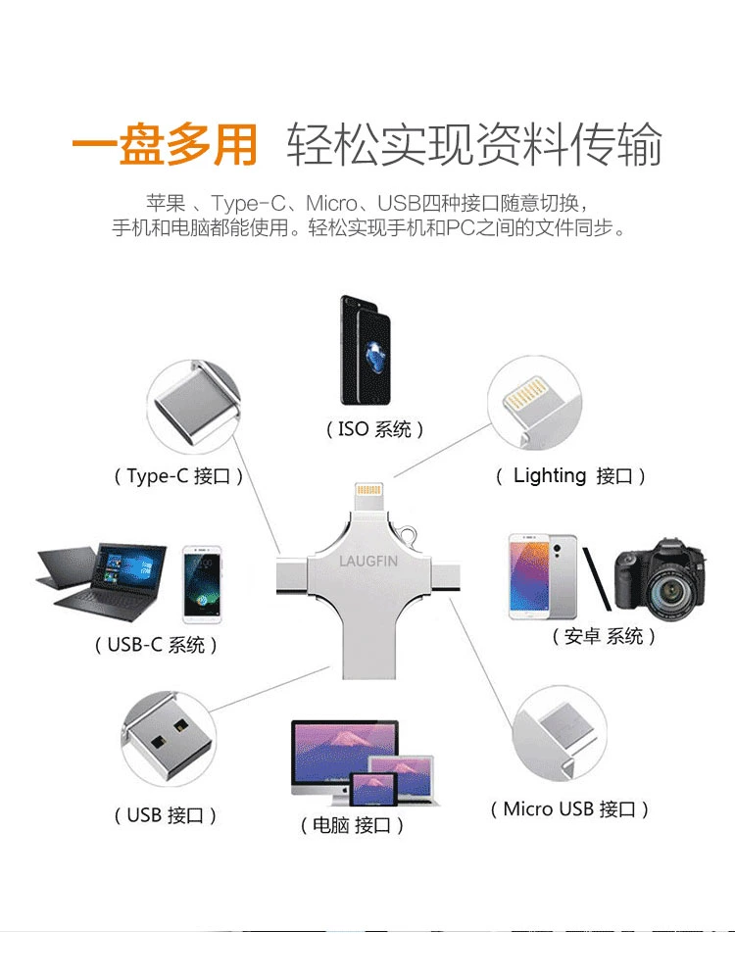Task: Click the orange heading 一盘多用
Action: (x=164, y=145)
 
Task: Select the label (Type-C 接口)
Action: (x=177, y=476)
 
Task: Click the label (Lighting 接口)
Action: (x=569, y=476)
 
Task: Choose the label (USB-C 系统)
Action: (x=156, y=645)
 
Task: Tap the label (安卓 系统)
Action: (x=603, y=636)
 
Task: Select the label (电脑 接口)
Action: (x=352, y=825)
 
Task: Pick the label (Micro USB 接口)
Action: (x=569, y=809)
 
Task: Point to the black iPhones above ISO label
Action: (x=367, y=350)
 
